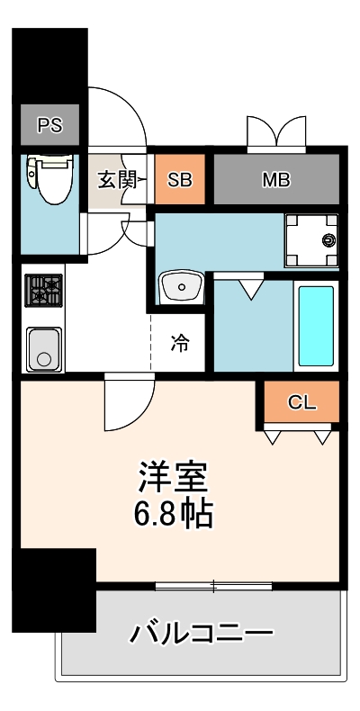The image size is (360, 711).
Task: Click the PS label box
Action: [49, 125]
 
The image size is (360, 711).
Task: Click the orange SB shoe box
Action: [180, 179]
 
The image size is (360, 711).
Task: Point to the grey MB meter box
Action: [276, 179]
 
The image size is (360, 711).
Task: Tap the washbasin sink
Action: [183, 289]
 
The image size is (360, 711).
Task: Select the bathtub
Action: [315, 325]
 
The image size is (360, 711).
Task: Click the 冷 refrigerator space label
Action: [180, 342]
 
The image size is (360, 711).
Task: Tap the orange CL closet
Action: [302, 402]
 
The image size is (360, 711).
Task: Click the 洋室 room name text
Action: [174, 475]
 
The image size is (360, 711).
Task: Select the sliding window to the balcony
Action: [213, 587]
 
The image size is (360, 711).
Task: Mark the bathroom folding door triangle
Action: [251, 288]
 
